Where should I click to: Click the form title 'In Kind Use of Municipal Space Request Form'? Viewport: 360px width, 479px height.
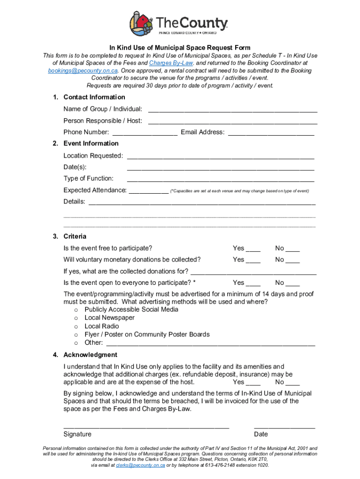pos(180,48)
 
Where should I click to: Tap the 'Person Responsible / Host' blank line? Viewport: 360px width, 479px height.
pos(232,122)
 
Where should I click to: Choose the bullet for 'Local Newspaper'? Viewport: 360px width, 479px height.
pos(76,318)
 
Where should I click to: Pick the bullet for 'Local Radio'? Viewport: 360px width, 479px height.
pos(76,327)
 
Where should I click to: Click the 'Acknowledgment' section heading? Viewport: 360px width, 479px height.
pos(90,355)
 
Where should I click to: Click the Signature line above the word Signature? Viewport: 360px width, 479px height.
pos(146,427)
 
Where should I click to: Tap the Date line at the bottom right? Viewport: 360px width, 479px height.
pos(284,427)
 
